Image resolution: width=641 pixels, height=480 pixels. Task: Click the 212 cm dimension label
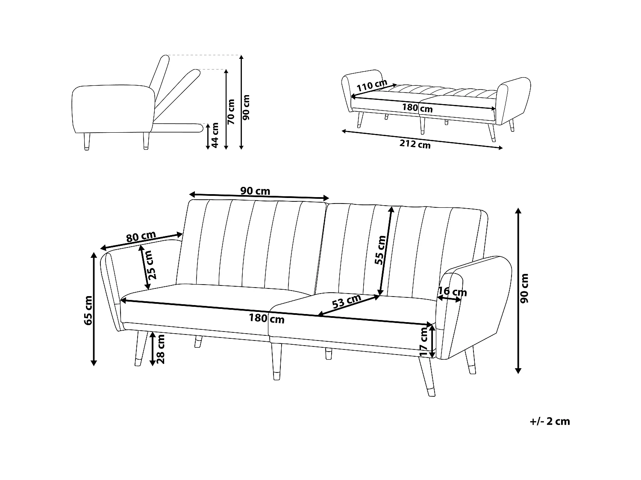point(415,145)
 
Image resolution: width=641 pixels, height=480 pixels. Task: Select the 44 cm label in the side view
point(215,135)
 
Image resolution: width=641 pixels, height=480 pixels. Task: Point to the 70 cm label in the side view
point(231,111)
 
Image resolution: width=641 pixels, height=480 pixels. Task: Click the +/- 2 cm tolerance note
point(550,422)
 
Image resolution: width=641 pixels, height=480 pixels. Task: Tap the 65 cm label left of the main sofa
point(88,310)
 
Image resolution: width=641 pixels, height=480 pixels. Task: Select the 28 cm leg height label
point(161,349)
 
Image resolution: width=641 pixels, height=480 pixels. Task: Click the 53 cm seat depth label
point(347,301)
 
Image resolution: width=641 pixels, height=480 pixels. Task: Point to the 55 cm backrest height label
point(380,250)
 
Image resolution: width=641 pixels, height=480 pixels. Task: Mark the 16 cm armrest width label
point(452,292)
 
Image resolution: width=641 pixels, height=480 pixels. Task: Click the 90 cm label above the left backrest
point(255,191)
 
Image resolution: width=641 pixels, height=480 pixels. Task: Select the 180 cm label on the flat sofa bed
point(417,108)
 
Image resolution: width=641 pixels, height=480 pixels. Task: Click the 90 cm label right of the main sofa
point(525,288)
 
